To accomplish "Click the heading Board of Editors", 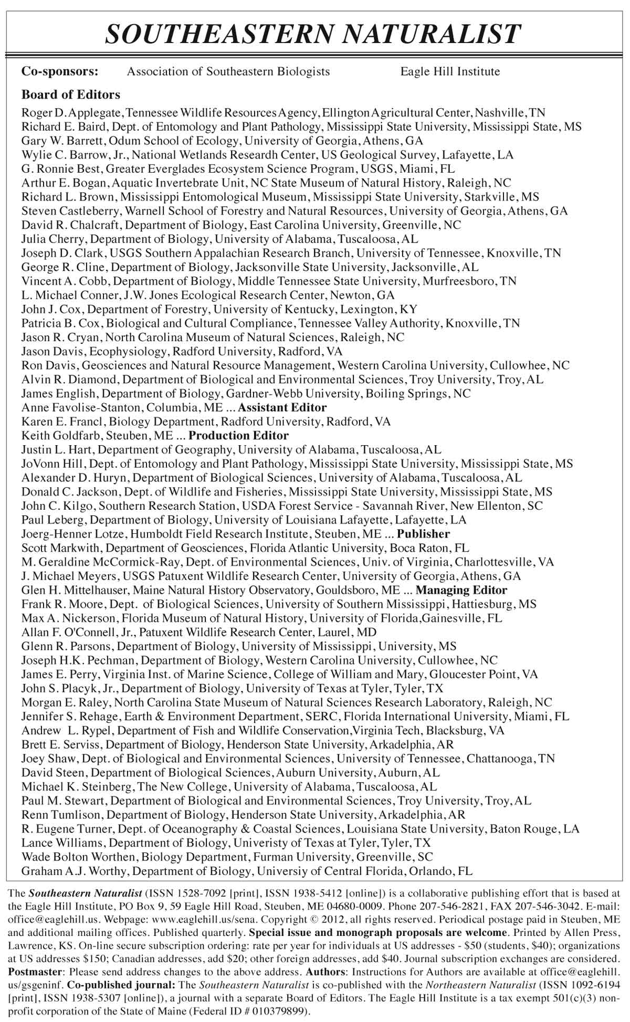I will coord(71,95).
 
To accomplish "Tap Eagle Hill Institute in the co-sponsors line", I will coord(450,71).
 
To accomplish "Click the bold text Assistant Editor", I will coord(282,408).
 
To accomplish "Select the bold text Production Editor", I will coord(238,436).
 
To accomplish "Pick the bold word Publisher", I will coord(423,534).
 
